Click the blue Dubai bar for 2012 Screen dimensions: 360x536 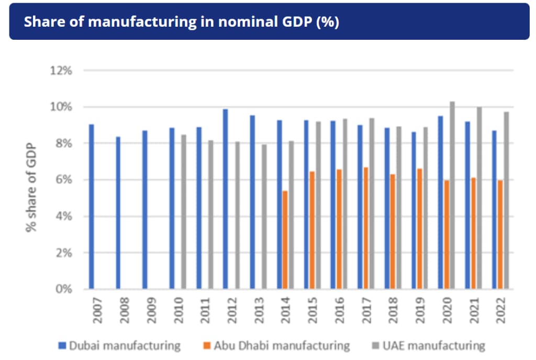226,199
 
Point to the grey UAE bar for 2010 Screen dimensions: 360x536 183,211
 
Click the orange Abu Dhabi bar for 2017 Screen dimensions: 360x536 366,228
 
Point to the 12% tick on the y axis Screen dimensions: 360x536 61,70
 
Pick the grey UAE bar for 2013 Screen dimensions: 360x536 264,217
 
